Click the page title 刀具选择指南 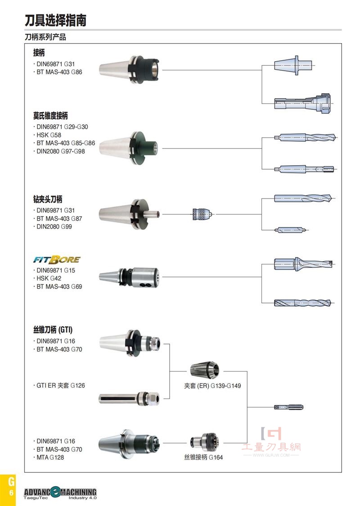(x=55, y=20)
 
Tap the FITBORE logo (x=57, y=259)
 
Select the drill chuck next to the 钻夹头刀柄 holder (x=202, y=214)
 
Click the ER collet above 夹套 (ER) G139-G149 (x=204, y=370)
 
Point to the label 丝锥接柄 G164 (x=203, y=457)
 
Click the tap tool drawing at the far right (x=288, y=407)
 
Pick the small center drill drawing (x=291, y=230)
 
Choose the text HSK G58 (x=49, y=135)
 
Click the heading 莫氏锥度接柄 (x=50, y=116)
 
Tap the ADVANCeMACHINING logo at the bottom (x=60, y=493)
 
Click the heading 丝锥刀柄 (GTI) (x=53, y=330)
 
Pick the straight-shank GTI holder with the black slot (x=129, y=399)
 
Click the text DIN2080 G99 (x=54, y=226)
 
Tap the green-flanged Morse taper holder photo (x=128, y=148)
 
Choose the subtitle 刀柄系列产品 (x=45, y=37)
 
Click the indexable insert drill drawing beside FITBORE (x=303, y=264)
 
